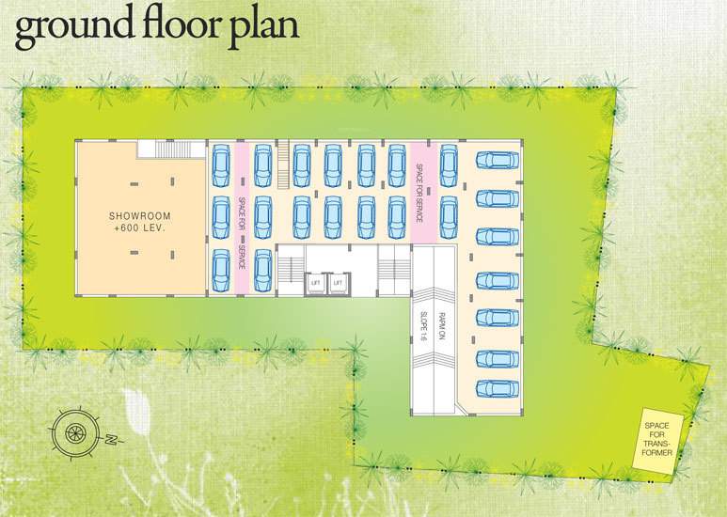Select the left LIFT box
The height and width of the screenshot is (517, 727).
(x=317, y=282)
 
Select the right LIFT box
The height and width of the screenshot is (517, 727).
(x=337, y=282)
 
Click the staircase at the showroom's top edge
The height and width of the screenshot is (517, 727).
(x=171, y=149)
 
